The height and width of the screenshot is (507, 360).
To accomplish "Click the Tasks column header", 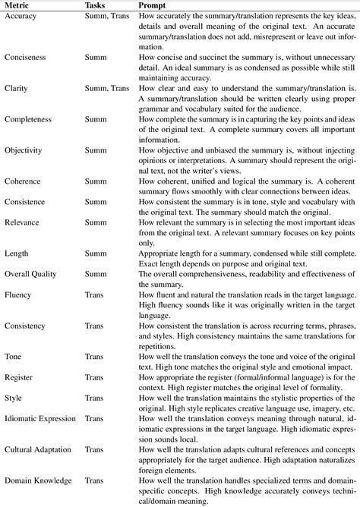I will tap(96, 5).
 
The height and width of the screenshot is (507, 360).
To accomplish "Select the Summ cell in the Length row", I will tap(96, 253).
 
